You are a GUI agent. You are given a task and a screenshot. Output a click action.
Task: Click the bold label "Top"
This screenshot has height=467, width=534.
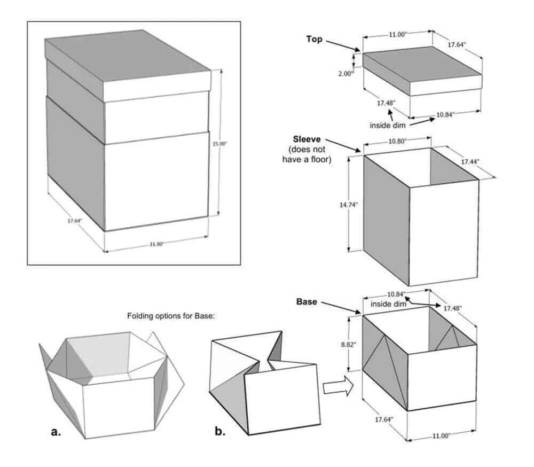tap(314, 39)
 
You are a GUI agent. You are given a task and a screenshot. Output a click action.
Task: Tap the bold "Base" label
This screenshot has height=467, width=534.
tap(307, 302)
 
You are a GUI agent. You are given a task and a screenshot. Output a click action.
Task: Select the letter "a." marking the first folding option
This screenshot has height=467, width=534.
tap(56, 432)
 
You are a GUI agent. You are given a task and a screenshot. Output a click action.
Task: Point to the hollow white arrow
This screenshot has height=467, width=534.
tap(338, 386)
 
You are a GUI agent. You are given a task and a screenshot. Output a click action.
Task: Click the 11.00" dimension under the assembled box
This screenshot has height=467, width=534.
tap(156, 244)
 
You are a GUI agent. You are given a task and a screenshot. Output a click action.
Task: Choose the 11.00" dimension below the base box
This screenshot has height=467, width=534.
tap(441, 435)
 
